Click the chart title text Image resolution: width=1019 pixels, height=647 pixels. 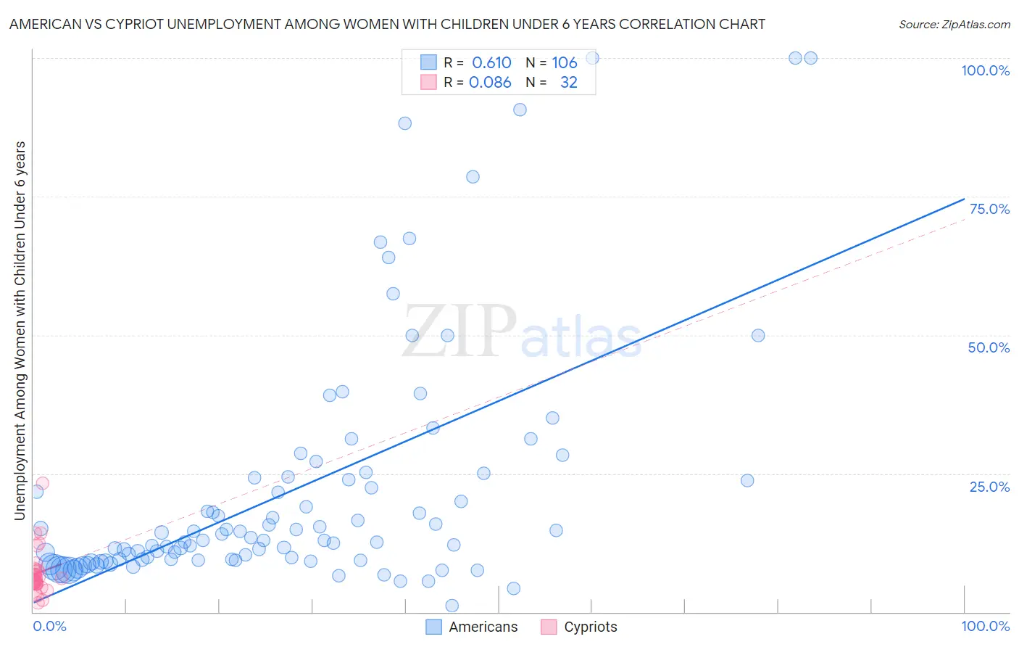[x=387, y=24]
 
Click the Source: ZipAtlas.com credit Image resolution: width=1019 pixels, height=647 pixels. [x=954, y=24]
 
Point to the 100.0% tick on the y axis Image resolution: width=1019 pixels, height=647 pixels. [x=985, y=70]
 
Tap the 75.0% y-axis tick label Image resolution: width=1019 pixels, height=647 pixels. [x=989, y=209]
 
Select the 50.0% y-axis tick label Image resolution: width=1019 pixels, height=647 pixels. [x=989, y=347]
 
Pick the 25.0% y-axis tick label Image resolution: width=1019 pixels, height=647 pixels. [x=989, y=487]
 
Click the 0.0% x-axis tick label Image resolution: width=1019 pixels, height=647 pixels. [x=49, y=626]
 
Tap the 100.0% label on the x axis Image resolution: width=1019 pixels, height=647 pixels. [x=985, y=626]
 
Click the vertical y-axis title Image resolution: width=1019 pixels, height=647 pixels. [x=20, y=330]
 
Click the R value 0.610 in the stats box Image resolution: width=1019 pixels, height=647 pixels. [x=491, y=63]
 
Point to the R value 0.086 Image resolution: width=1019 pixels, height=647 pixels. [x=490, y=83]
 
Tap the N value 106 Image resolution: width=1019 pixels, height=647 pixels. [x=564, y=63]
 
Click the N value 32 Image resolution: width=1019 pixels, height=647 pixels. [x=568, y=83]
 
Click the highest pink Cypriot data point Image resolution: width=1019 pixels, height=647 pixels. [x=42, y=483]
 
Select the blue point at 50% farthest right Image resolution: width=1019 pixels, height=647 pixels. [x=758, y=335]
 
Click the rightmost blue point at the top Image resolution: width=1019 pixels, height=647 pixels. [x=811, y=58]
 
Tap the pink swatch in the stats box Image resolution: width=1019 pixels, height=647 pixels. [x=428, y=82]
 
